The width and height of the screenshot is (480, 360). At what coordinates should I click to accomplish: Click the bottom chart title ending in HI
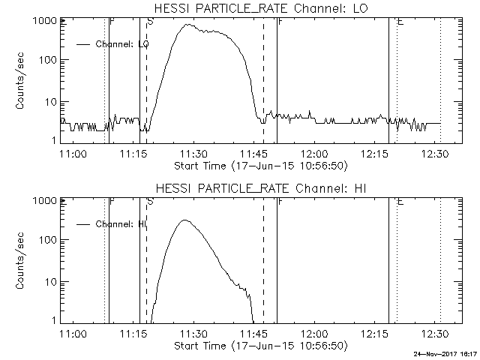(x=259, y=187)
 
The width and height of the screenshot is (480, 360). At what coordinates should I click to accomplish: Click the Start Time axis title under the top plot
(x=259, y=165)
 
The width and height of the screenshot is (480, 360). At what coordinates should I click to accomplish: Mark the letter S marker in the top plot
(x=151, y=22)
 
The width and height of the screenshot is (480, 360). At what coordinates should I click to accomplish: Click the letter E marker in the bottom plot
(x=400, y=202)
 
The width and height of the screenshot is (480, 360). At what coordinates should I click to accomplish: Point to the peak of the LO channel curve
(x=187, y=25)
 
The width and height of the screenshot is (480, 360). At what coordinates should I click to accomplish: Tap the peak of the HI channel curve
(x=185, y=220)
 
